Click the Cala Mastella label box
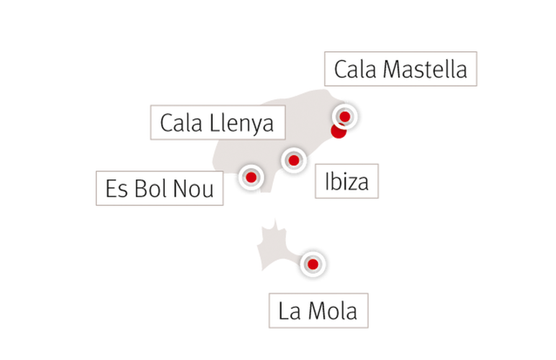point(400,68)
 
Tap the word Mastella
point(425,69)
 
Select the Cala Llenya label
point(218,122)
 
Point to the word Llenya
point(241,124)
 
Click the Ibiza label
point(347,181)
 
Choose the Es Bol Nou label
point(160,188)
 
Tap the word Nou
point(193,189)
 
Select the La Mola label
point(318,310)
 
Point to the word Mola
point(333,311)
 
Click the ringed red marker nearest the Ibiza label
point(294,161)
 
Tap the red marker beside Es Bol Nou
point(251,177)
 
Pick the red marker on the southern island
point(313,264)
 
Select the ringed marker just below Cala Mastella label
point(345,116)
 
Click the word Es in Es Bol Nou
point(116,189)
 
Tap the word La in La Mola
point(290,311)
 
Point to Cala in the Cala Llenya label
point(181,123)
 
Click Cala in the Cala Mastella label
point(355,69)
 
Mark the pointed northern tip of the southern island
point(275,219)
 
